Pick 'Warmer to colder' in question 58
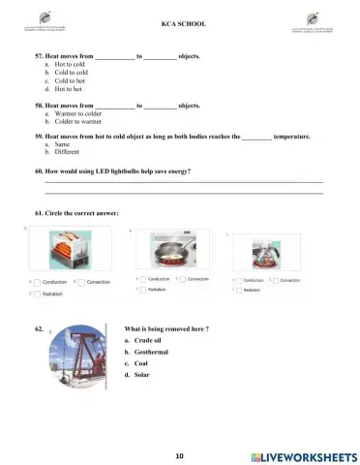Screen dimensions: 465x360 76,113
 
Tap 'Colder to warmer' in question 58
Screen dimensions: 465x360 76,121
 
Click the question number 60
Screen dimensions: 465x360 39,171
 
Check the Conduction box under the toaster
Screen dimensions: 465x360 39,282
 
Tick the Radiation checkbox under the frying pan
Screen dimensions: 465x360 142,289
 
